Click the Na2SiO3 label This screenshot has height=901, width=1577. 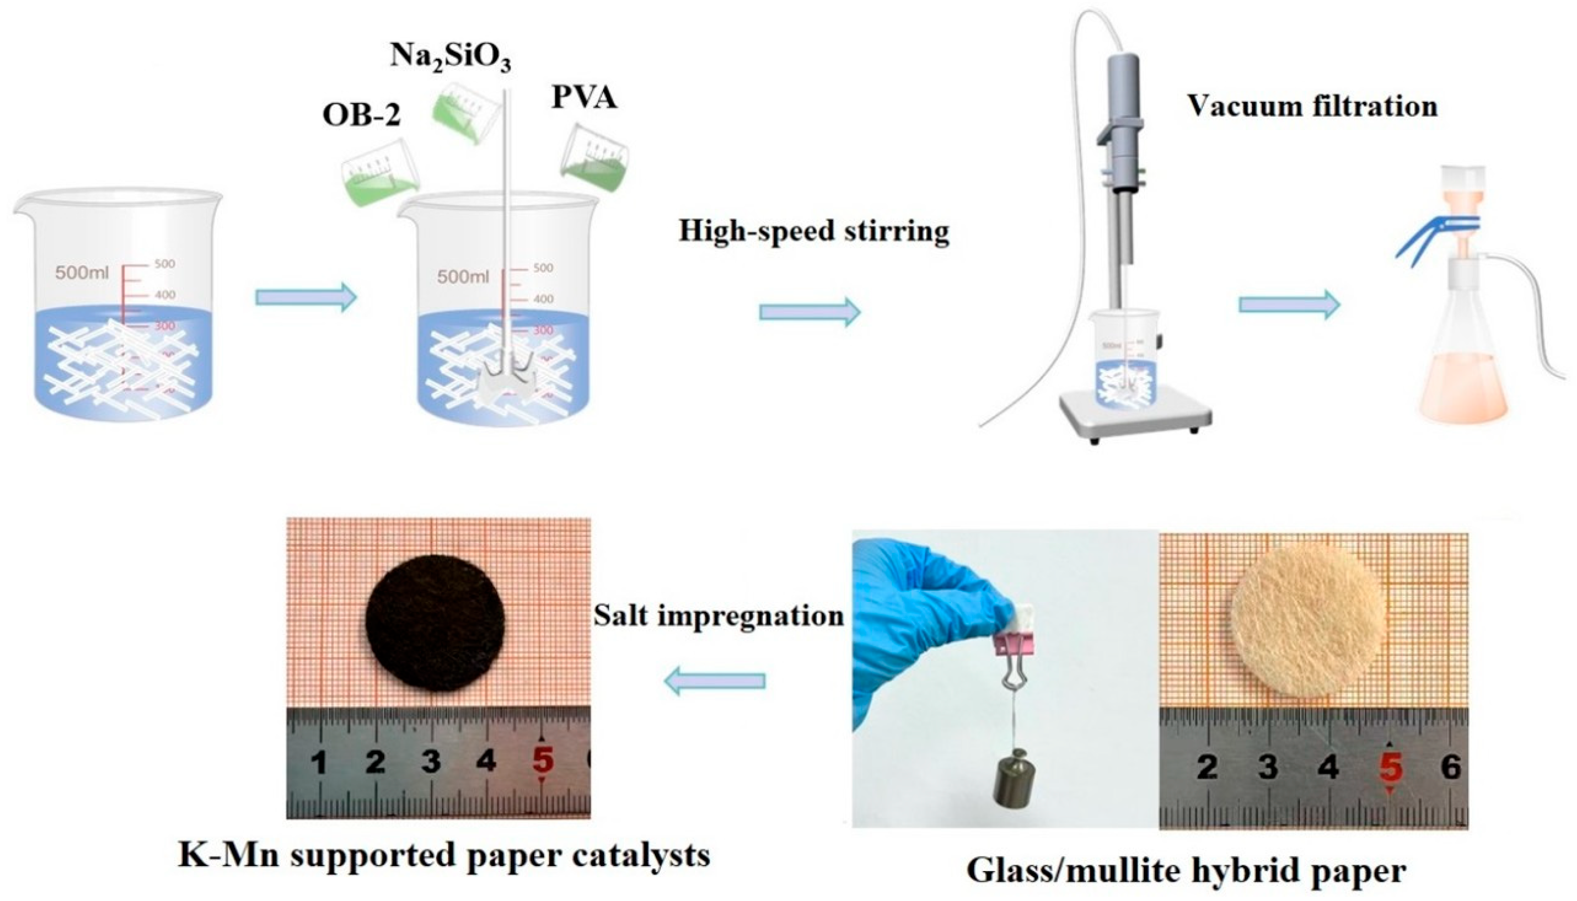coord(450,58)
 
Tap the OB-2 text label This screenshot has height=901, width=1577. coord(361,115)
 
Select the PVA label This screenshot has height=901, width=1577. coord(584,97)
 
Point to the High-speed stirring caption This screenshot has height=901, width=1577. coord(813,231)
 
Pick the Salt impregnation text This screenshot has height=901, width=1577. coord(719,616)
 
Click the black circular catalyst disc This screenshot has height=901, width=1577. coord(435,622)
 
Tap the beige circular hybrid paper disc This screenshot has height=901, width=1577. coord(1307,620)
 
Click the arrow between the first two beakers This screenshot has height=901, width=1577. coord(306,298)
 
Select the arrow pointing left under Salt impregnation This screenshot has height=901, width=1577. coord(714,681)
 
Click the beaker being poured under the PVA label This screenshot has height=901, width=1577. coord(594,157)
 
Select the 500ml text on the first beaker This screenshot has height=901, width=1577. coord(82,271)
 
